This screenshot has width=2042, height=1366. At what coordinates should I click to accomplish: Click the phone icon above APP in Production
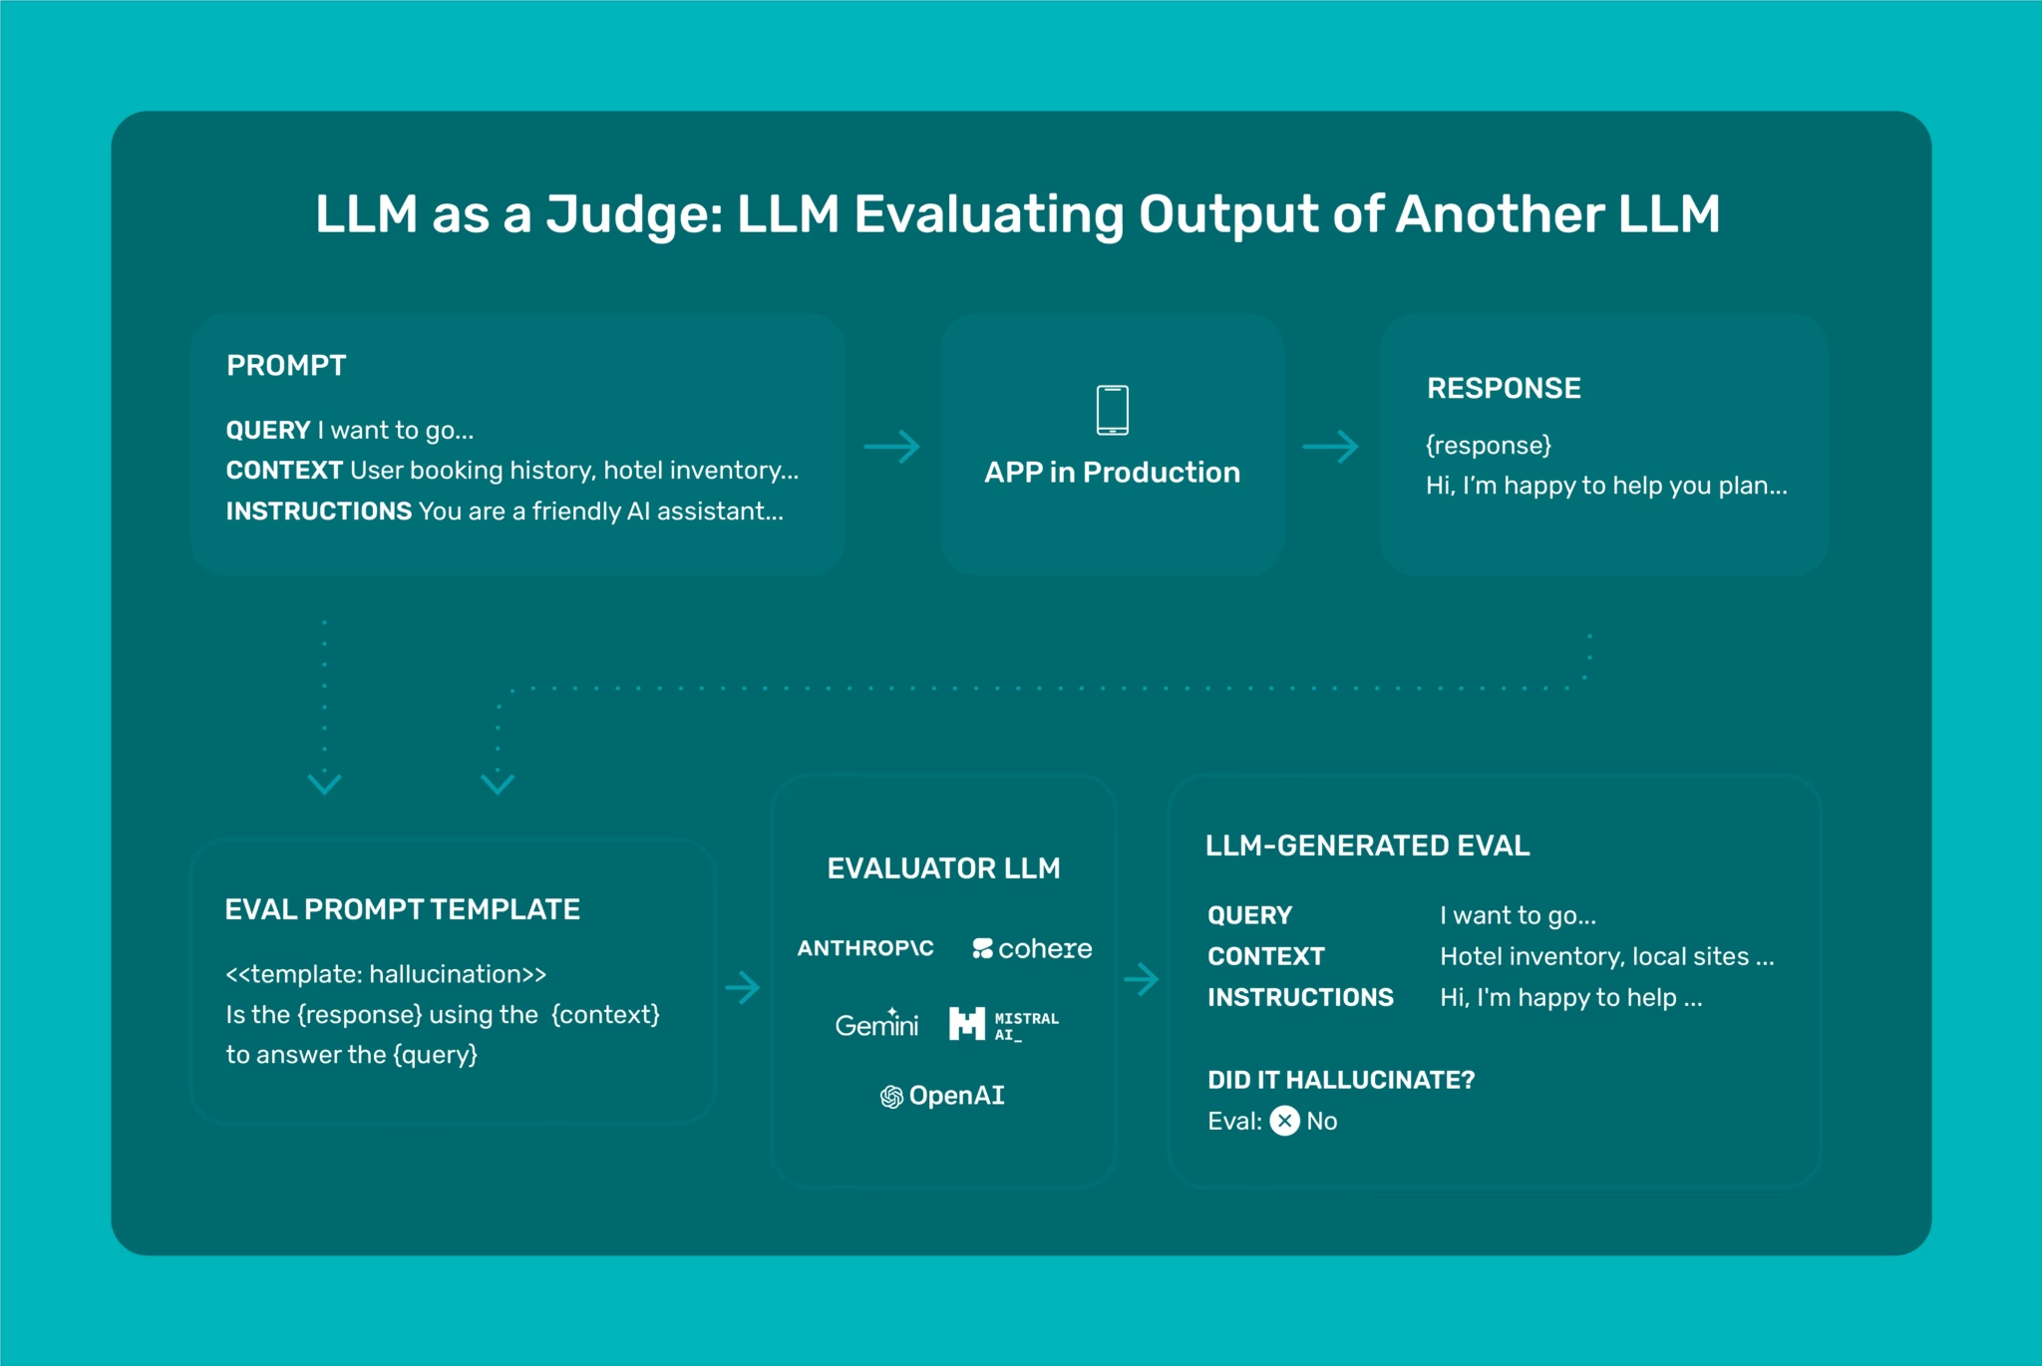1112,410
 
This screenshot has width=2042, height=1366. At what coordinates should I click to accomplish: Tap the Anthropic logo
865,948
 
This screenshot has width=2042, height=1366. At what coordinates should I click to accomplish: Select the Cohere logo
1032,948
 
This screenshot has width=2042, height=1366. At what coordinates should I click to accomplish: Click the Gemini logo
876,1024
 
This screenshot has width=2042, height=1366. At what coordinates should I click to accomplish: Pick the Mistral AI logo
1003,1024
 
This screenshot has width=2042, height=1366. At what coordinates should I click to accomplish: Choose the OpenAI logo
942,1096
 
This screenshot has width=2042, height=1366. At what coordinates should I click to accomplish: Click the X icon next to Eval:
1284,1122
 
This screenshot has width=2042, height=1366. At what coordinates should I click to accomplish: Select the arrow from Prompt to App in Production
891,447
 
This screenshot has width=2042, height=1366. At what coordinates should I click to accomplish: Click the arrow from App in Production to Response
1330,447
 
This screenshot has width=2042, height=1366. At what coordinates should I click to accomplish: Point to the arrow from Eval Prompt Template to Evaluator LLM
743,988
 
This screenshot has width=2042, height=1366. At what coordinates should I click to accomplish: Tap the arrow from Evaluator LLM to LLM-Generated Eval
1141,979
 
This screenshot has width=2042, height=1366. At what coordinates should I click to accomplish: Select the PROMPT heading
286,366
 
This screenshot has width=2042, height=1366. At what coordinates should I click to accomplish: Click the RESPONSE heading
1504,389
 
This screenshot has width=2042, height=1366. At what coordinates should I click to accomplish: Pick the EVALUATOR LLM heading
943,868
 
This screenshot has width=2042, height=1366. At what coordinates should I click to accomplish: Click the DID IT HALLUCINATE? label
1341,1080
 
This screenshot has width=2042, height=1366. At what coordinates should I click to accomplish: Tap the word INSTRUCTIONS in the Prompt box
318,512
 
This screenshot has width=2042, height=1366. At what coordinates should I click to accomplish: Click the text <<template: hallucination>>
386,974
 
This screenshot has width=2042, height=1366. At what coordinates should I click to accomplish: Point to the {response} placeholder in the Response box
1488,446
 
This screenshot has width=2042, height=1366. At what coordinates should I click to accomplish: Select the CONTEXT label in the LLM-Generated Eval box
1265,957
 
